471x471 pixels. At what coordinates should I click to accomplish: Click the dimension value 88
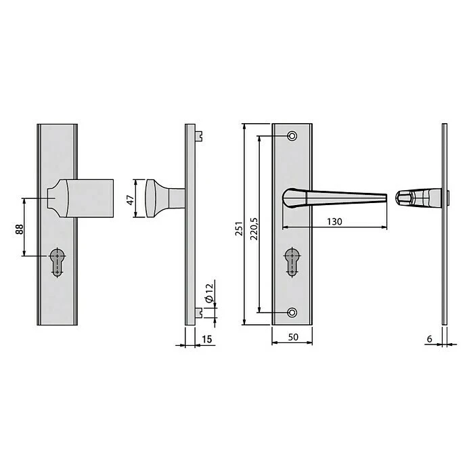coord(18,228)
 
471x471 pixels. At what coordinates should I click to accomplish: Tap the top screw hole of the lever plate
coord(292,136)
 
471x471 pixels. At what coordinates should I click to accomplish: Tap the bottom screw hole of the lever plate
coord(292,312)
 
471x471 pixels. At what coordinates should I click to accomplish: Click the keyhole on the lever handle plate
coord(292,261)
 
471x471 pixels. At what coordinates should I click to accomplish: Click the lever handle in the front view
coord(335,198)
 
